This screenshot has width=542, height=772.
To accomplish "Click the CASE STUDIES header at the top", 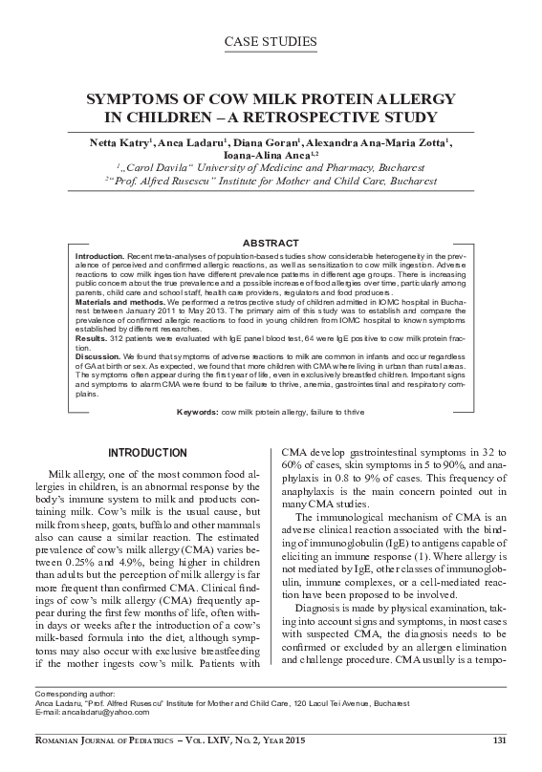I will click(x=271, y=41).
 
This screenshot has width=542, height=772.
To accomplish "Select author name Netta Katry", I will click(x=118, y=143).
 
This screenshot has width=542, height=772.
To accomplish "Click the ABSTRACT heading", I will click(x=271, y=245).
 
